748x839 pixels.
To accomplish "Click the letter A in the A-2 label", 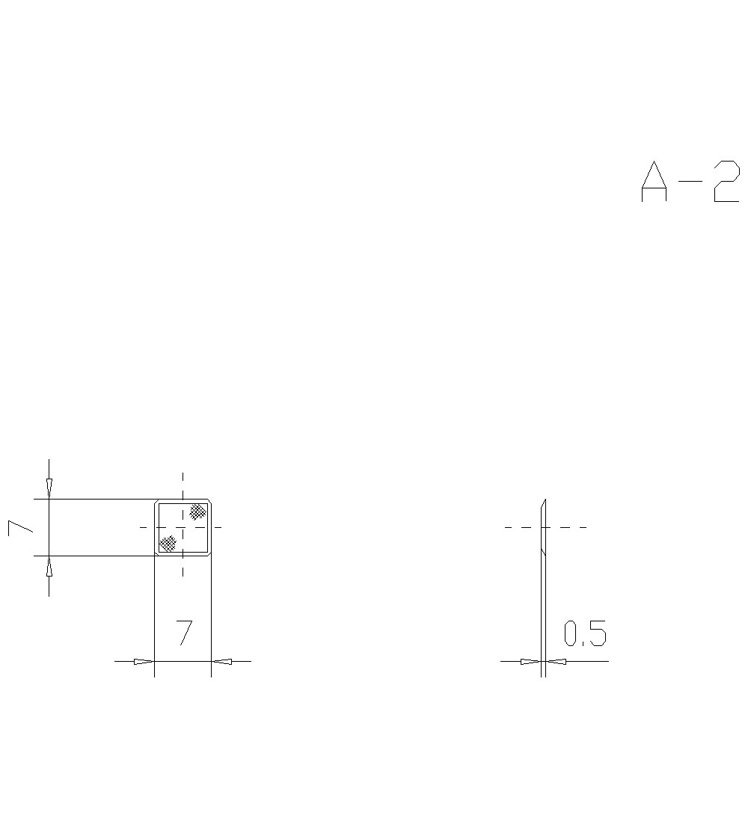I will (654, 182).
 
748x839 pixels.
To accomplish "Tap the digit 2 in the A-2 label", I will (726, 182).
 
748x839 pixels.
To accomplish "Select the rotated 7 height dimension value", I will (21, 527).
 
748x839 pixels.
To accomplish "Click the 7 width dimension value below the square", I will (184, 633).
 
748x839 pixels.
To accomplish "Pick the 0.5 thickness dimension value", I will (585, 634).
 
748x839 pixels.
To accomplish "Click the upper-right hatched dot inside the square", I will (197, 511).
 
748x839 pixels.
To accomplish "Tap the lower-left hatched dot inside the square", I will (168, 543).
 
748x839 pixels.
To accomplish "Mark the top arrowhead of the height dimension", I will (49, 488).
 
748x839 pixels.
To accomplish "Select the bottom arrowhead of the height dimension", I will (49, 567).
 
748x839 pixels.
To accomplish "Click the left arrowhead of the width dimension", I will (144, 661).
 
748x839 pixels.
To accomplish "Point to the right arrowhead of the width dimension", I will (222, 661).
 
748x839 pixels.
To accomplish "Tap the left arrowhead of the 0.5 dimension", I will (530, 661).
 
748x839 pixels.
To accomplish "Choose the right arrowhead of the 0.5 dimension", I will (557, 661).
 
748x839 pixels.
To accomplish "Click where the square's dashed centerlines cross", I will (183, 527).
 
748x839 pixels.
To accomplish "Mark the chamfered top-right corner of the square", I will (209, 502).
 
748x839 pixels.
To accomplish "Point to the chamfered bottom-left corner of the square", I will (157, 553).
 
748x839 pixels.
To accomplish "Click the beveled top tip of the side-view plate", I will (545, 501).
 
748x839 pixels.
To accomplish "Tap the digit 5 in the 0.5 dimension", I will (597, 634).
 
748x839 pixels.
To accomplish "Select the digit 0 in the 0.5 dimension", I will (571, 634).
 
